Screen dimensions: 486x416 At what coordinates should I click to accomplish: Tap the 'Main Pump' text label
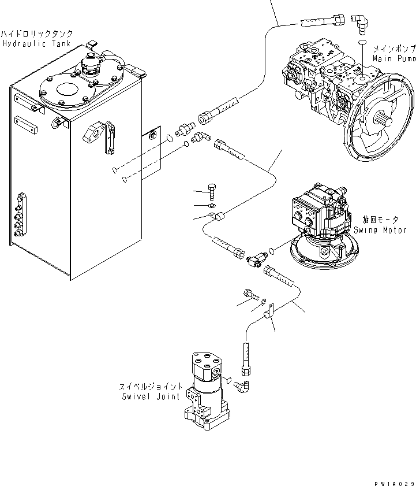click(x=393, y=58)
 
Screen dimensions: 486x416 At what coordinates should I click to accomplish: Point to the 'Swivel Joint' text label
click(x=152, y=396)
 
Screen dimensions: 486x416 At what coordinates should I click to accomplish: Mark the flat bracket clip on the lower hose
click(x=268, y=315)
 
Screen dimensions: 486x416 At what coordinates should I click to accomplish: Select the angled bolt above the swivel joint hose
click(x=250, y=295)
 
